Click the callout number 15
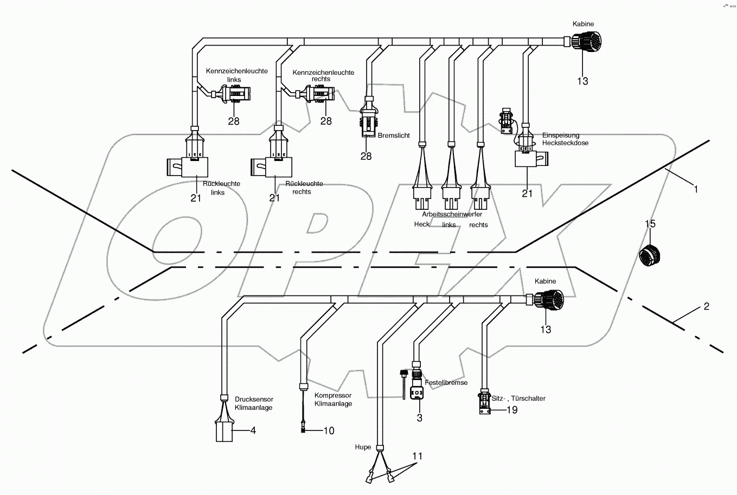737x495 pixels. click(x=650, y=224)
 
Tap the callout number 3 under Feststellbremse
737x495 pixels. click(x=419, y=418)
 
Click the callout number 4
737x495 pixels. click(x=253, y=431)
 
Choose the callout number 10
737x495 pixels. click(x=329, y=431)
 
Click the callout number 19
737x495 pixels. click(x=511, y=410)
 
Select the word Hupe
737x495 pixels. click(x=363, y=447)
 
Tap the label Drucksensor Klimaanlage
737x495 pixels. click(x=254, y=403)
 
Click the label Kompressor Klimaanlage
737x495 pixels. click(x=333, y=400)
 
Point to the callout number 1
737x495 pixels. click(x=696, y=189)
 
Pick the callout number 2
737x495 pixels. click(x=706, y=306)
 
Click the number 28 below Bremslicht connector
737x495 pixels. click(x=366, y=156)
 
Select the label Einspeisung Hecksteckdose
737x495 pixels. click(x=565, y=139)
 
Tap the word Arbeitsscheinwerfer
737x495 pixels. click(x=452, y=215)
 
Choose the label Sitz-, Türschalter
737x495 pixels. click(x=518, y=398)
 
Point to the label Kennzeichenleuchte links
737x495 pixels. click(x=236, y=75)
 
